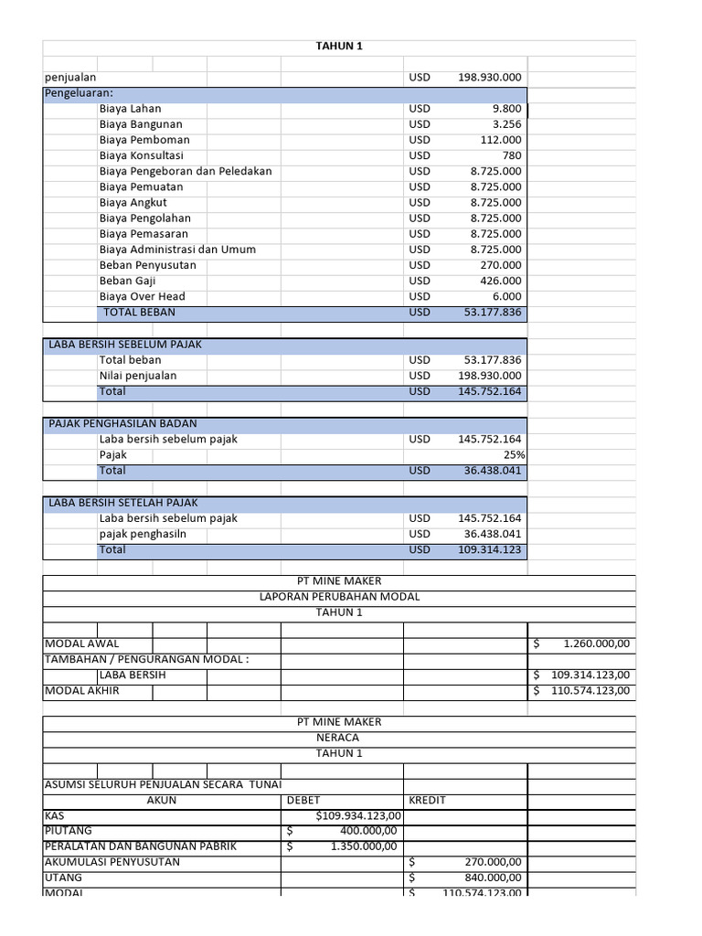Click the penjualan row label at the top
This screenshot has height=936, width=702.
click(x=71, y=78)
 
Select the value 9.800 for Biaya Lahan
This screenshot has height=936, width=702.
click(x=506, y=109)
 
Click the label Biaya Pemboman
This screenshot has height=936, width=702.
click(x=144, y=140)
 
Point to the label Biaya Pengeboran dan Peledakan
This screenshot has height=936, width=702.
click(x=186, y=171)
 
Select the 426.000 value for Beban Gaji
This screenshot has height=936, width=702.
click(x=501, y=281)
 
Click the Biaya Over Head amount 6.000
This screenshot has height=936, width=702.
click(x=506, y=296)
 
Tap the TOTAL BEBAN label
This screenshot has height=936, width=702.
click(x=139, y=312)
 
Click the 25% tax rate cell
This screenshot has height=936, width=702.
click(x=514, y=455)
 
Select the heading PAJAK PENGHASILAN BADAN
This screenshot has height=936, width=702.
click(x=122, y=424)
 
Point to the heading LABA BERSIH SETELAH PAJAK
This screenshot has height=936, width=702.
click(x=122, y=503)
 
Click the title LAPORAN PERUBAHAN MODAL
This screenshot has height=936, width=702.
click(x=339, y=597)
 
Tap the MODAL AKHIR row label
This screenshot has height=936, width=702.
click(x=82, y=691)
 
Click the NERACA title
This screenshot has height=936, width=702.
click(x=338, y=738)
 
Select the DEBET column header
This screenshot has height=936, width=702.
click(x=303, y=800)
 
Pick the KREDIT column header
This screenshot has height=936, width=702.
click(x=427, y=800)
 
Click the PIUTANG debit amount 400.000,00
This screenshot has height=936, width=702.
click(x=367, y=831)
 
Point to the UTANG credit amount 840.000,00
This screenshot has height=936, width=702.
click(x=491, y=877)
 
